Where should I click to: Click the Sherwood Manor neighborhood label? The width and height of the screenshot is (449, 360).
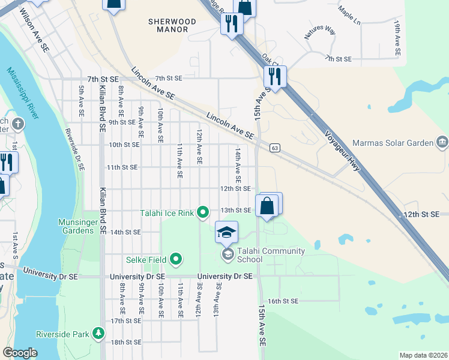click(172, 25)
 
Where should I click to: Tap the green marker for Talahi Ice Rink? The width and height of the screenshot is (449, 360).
click(203, 212)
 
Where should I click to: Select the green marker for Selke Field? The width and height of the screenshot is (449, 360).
click(175, 259)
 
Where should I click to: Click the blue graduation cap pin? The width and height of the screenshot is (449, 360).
click(227, 233)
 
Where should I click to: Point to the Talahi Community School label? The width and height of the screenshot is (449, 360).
click(271, 255)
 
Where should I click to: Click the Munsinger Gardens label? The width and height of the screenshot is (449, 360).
click(77, 226)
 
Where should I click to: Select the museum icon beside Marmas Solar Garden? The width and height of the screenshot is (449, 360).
click(442, 142)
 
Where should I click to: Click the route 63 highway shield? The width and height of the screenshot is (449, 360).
click(274, 147)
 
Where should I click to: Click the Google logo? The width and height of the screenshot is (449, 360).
click(20, 353)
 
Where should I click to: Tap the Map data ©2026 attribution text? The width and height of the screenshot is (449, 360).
click(423, 355)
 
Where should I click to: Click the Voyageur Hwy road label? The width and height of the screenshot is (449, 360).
click(343, 151)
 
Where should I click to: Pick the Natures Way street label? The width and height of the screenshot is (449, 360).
click(320, 32)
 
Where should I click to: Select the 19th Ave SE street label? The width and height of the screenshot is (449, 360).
click(397, 38)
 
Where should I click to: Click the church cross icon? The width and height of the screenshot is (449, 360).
click(19, 125)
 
